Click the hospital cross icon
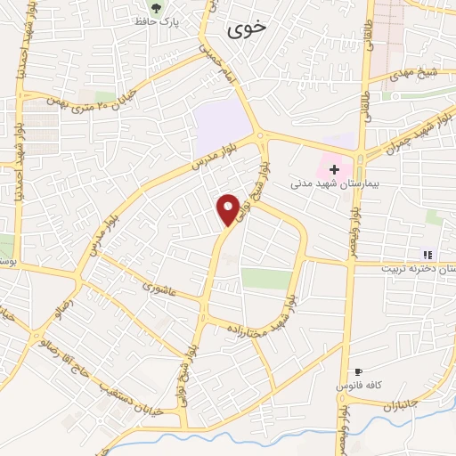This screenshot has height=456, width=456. point(335,169)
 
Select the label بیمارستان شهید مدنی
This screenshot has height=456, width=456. point(336,184)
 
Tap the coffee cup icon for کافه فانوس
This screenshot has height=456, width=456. point(358,371)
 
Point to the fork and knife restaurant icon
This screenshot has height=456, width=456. point(427,254)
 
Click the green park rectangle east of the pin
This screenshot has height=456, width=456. point(266,278)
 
